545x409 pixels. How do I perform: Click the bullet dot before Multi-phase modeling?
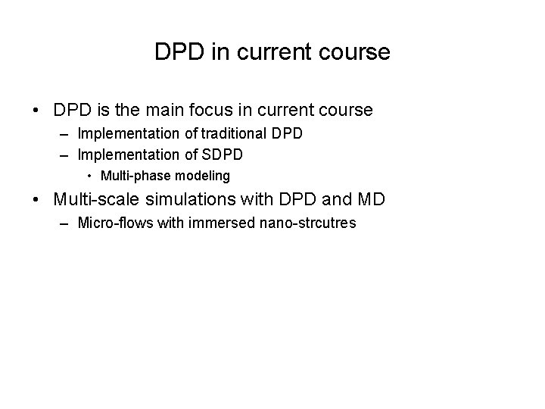(x=89, y=176)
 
